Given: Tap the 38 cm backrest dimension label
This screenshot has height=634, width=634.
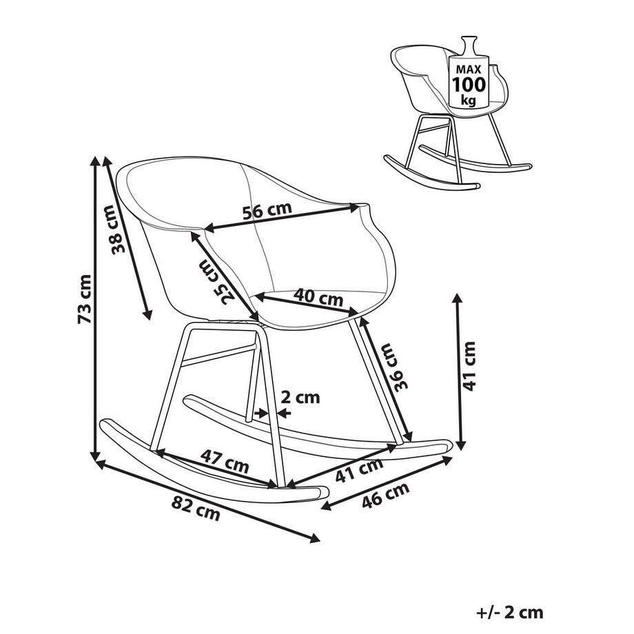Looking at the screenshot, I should [x=119, y=234].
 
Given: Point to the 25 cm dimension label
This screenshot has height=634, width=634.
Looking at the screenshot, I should [x=214, y=281].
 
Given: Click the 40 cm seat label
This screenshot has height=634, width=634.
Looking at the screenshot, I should [x=318, y=297].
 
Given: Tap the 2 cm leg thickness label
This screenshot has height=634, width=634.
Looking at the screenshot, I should [x=301, y=397].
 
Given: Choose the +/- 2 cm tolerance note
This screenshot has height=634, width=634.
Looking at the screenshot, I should [x=509, y=612].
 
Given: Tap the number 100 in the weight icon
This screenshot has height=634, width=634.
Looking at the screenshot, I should [x=469, y=85].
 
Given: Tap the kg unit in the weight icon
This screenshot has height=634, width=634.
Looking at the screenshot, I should [x=469, y=100].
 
